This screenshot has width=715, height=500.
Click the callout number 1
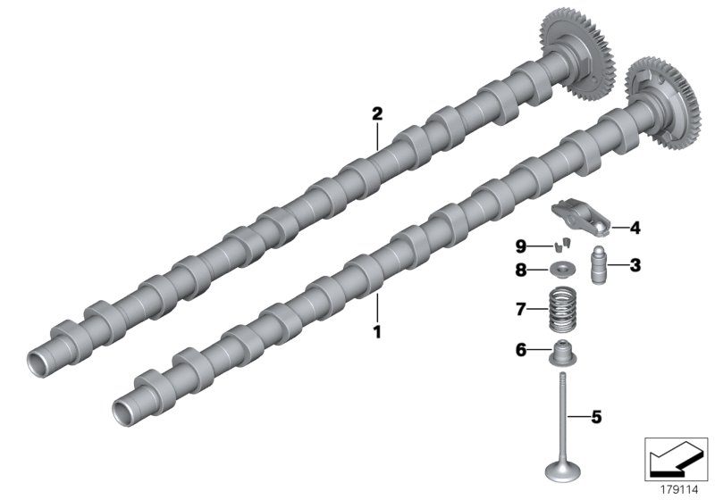pos(377,331)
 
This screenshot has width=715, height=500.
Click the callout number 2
pos(377,113)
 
